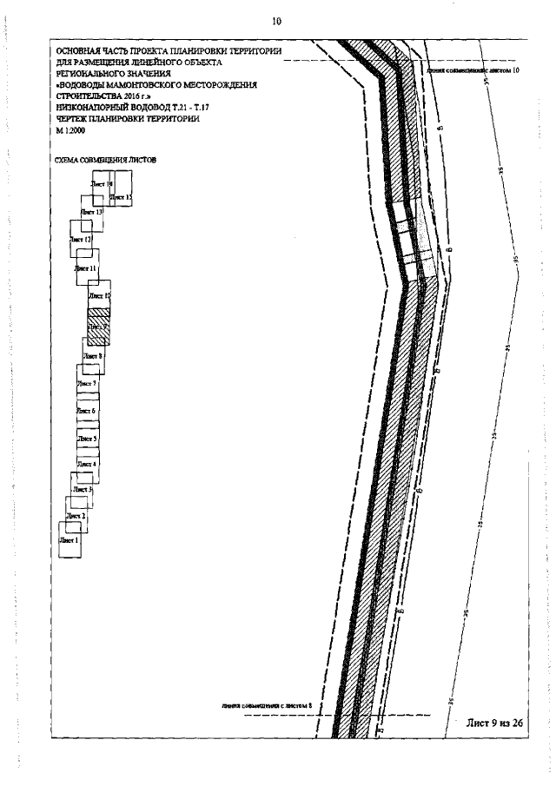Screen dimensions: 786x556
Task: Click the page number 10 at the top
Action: (277, 20)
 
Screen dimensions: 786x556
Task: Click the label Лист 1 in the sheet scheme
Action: (68, 539)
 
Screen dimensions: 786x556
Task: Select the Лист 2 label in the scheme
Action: (77, 516)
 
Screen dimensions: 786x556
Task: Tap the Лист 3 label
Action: (83, 490)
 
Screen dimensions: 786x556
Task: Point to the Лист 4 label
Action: (87, 465)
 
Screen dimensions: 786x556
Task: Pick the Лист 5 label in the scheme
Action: (87, 439)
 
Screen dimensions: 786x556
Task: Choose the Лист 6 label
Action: (87, 410)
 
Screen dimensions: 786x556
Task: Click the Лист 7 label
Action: (87, 383)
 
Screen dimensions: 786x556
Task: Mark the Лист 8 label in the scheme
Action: (93, 356)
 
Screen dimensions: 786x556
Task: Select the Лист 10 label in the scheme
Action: (101, 296)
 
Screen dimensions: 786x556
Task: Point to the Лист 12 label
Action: (82, 239)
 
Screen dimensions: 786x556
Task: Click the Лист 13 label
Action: (92, 212)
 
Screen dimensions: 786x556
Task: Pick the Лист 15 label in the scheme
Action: (122, 199)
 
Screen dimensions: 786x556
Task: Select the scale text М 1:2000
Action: (70, 129)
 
